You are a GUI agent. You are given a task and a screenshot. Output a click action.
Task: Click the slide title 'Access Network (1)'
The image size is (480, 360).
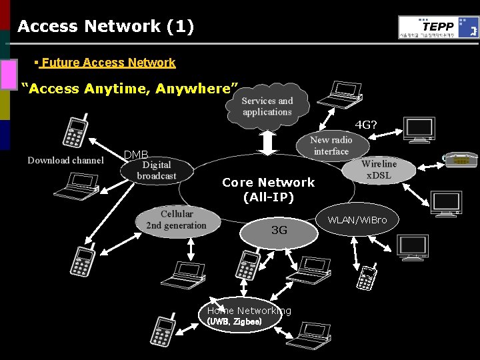[x=105, y=27]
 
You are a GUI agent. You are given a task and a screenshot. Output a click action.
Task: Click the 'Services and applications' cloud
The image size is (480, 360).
[x=267, y=107]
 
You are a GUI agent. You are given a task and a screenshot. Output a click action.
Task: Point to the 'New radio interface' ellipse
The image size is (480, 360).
[x=331, y=145]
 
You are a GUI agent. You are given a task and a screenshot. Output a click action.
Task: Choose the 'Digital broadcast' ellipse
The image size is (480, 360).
[x=157, y=171]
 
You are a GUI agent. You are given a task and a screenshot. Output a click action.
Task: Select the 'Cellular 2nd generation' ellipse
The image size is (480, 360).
[x=176, y=220]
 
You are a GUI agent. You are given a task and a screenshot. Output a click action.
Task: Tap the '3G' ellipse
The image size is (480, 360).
[x=279, y=231]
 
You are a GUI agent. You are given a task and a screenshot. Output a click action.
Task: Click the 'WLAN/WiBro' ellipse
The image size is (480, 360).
[x=357, y=219]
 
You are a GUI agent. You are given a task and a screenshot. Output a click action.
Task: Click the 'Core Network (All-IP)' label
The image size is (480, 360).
[x=268, y=189]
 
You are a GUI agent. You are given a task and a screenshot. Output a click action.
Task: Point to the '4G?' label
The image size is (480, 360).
[x=365, y=125]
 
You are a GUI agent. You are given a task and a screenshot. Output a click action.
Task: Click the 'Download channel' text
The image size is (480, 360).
[x=65, y=160]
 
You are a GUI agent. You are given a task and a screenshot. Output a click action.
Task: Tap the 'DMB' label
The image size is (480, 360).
[x=136, y=155]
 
